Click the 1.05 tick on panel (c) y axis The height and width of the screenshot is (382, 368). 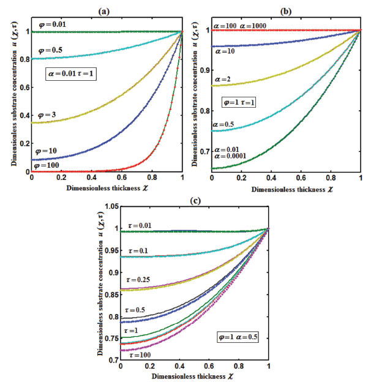110,207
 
